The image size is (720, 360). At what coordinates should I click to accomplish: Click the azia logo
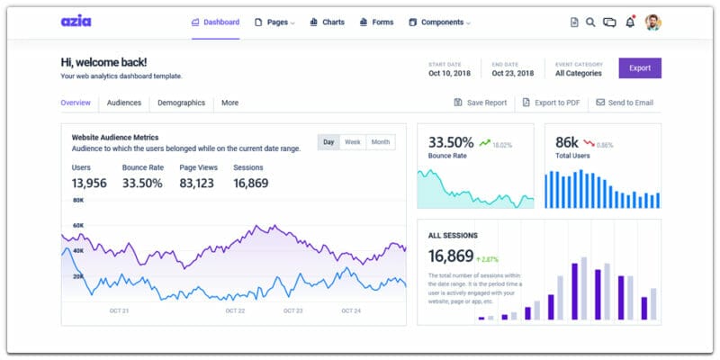(76, 22)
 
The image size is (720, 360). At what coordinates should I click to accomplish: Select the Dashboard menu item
(216, 22)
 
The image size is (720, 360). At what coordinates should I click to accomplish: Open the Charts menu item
(327, 22)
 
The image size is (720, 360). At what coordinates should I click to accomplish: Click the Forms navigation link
(376, 22)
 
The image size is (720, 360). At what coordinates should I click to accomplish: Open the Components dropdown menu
(439, 22)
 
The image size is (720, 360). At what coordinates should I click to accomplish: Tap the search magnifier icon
(590, 22)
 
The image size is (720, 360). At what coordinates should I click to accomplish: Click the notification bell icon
(630, 22)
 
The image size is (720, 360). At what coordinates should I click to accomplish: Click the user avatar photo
(653, 22)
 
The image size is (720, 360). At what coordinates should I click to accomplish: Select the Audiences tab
(124, 103)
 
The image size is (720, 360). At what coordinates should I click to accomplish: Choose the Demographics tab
(181, 103)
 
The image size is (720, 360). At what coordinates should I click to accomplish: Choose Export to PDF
(550, 103)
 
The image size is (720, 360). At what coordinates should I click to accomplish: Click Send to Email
(625, 103)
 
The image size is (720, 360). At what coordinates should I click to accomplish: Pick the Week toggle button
(353, 142)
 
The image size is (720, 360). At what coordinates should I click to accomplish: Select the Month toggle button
(381, 142)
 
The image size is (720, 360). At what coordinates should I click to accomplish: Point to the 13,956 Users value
(89, 183)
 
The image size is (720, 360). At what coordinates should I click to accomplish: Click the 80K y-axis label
(78, 200)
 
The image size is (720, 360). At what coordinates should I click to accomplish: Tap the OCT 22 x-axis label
(236, 310)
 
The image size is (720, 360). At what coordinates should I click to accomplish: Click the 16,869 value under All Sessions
(451, 255)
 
